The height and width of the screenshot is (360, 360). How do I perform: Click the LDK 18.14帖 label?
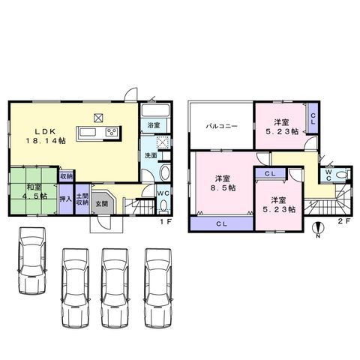tap(46, 136)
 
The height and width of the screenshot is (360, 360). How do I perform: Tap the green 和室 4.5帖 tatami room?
tap(34, 190)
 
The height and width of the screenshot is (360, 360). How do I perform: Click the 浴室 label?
tap(154, 125)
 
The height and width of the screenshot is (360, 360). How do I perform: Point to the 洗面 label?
tap(151, 155)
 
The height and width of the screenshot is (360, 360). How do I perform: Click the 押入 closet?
tap(66, 199)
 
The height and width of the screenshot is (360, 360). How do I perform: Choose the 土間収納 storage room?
tap(82, 199)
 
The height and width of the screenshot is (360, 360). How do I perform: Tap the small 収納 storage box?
tap(67, 176)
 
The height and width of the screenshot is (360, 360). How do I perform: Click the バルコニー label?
tap(221, 126)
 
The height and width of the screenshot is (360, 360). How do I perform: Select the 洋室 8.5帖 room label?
tap(223, 183)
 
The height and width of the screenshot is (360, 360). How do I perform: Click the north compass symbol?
tap(318, 228)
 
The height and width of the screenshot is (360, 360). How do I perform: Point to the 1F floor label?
tap(166, 221)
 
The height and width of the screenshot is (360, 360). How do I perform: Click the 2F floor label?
tap(344, 221)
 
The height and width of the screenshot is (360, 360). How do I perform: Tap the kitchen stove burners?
tap(112, 132)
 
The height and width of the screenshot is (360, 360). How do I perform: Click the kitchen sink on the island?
tap(87, 132)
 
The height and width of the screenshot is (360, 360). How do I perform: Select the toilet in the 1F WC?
tap(163, 206)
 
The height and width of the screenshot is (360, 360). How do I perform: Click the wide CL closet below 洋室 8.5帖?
tap(221, 223)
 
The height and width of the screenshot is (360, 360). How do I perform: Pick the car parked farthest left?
tap(32, 260)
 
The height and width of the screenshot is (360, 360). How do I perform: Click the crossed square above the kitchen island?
tap(98, 118)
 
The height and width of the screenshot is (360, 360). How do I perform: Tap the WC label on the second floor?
tap(328, 175)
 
